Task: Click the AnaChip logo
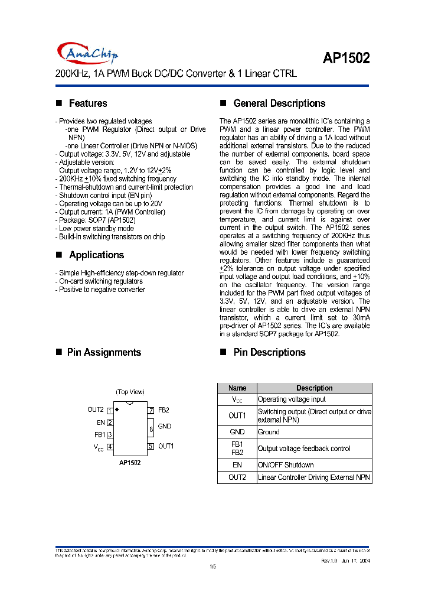click(x=88, y=53)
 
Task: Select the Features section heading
click(x=88, y=103)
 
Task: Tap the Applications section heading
click(x=96, y=255)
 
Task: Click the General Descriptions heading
click(x=279, y=103)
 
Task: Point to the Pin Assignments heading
click(x=104, y=352)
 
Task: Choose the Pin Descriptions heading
click(x=269, y=352)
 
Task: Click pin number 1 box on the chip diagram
click(x=110, y=410)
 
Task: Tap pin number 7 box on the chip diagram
click(x=151, y=410)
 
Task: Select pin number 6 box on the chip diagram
click(x=151, y=428)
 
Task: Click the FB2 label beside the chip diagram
click(x=164, y=410)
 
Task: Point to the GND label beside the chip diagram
click(x=165, y=426)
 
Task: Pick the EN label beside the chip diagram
click(x=101, y=422)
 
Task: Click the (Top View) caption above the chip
click(x=130, y=392)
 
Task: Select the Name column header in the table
click(x=237, y=388)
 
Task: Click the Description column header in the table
click(x=314, y=388)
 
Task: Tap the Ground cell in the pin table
click(x=269, y=432)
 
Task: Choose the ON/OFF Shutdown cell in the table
click(x=286, y=465)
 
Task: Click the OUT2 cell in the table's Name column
click(x=237, y=477)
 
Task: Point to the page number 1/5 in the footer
click(x=213, y=567)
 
